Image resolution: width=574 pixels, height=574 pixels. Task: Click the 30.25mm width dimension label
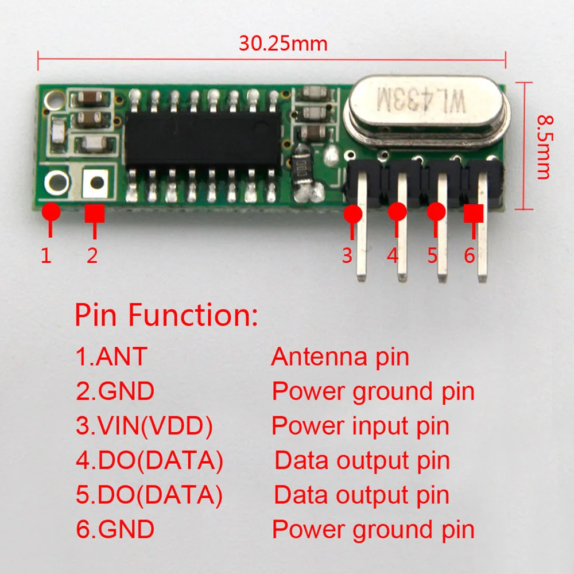(x=283, y=44)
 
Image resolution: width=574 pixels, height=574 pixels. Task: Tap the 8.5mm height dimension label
(x=544, y=146)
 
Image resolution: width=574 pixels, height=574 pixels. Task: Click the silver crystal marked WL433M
(x=426, y=107)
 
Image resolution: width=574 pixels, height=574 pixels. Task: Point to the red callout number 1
(x=46, y=255)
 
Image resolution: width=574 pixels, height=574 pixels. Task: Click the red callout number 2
(x=92, y=255)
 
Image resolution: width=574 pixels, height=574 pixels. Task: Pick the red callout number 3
(x=347, y=255)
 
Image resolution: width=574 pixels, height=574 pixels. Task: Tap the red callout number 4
(x=393, y=255)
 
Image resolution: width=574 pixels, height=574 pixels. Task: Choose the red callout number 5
(x=432, y=255)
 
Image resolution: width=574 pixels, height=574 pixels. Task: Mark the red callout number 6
(x=470, y=255)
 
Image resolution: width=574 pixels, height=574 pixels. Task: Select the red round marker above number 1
(x=51, y=211)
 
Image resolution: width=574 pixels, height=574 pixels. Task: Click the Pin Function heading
(x=166, y=315)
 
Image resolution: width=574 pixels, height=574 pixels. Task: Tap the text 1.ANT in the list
(x=111, y=357)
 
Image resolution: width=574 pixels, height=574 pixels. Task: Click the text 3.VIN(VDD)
(x=144, y=426)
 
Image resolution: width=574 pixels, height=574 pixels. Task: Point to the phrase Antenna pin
(x=340, y=357)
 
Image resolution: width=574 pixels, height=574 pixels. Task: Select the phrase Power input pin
(x=360, y=426)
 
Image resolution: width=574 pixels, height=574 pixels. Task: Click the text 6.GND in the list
(x=115, y=529)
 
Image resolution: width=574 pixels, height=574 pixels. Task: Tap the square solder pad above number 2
(x=96, y=183)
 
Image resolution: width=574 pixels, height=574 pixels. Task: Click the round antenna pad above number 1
(x=57, y=183)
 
